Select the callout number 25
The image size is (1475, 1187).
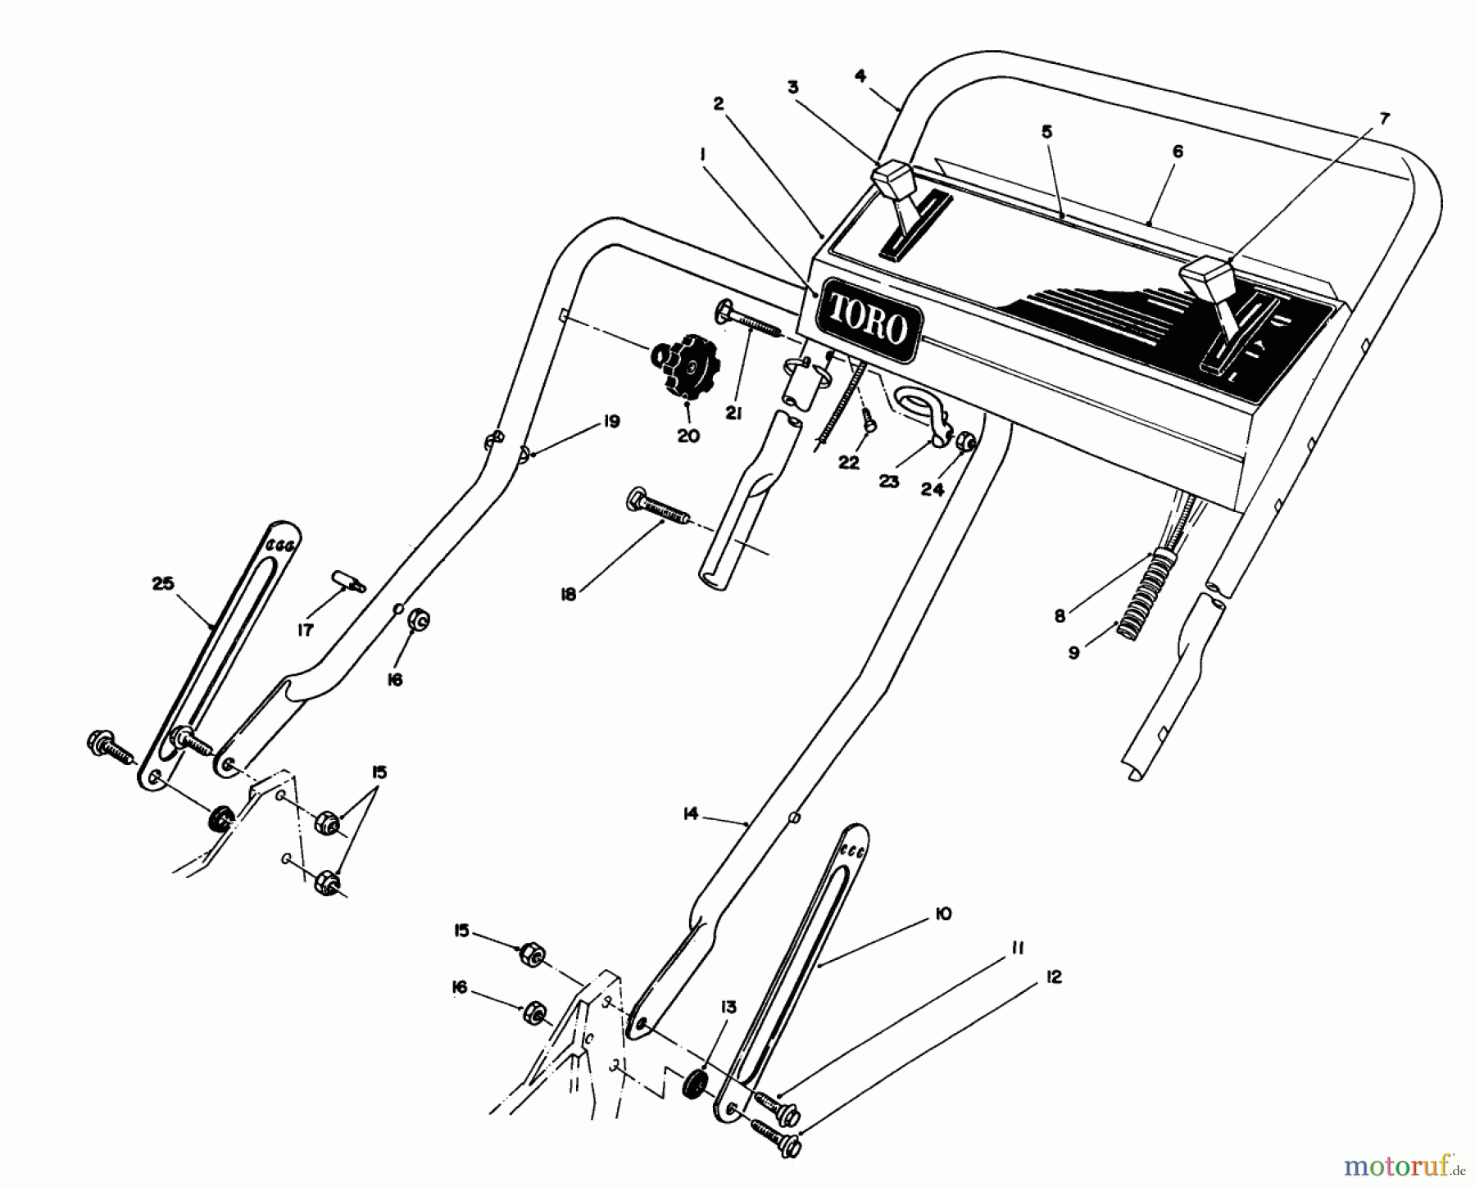click(163, 583)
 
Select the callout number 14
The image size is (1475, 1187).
click(690, 813)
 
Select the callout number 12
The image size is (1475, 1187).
click(1053, 976)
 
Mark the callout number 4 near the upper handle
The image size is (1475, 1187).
click(860, 75)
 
